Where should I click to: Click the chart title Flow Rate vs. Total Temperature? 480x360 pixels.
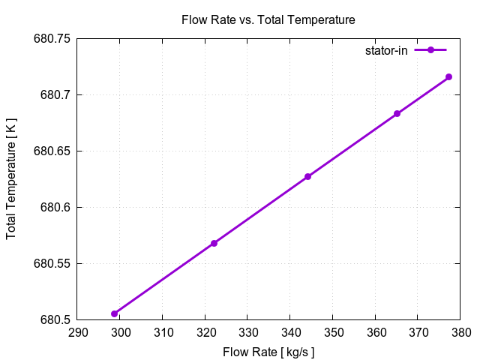click(268, 19)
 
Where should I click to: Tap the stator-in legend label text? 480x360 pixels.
click(386, 50)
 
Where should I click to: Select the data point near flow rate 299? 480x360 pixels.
click(115, 313)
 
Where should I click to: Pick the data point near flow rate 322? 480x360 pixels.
click(214, 243)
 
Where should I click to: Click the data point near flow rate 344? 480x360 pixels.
click(307, 176)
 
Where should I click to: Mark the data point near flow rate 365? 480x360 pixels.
click(397, 114)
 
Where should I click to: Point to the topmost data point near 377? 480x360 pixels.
click(448, 76)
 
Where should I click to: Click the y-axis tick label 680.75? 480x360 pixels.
click(52, 39)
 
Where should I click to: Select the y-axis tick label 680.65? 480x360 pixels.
click(52, 151)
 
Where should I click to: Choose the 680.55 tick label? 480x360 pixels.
click(52, 264)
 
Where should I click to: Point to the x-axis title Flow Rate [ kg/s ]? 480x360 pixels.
click(268, 351)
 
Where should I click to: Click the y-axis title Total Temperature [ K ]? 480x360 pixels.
click(11, 178)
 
